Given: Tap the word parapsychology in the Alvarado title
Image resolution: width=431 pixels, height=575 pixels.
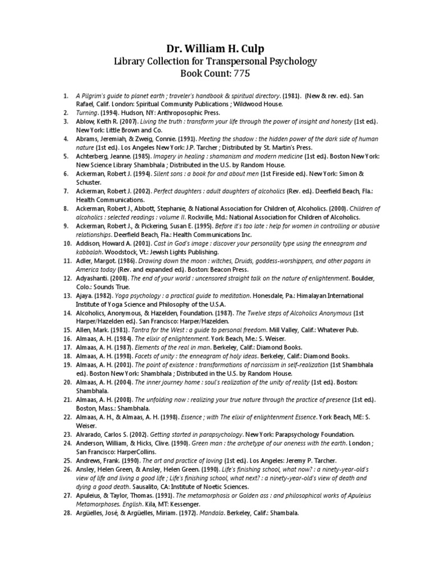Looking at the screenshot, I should click(214, 434).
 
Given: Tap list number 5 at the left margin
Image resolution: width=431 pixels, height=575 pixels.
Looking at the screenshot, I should click(68, 157).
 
